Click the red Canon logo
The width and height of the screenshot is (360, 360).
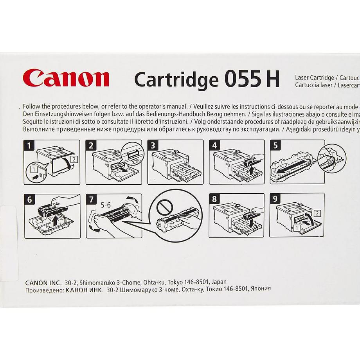(x=66, y=78)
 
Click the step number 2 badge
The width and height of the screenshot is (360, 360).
(x=91, y=146)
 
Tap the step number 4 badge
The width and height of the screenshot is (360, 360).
(x=214, y=146)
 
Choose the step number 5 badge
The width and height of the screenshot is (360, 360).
(x=275, y=146)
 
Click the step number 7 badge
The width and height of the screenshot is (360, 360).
(x=91, y=200)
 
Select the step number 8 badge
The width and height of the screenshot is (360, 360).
(x=214, y=200)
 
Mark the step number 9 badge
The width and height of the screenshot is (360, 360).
(x=275, y=200)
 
